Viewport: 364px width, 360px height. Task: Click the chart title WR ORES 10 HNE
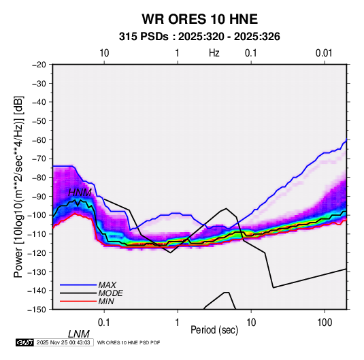click(x=199, y=19)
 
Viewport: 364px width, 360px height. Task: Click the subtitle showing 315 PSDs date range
click(x=199, y=37)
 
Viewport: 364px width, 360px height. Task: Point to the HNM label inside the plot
click(x=80, y=193)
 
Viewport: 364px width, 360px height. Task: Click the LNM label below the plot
click(x=79, y=334)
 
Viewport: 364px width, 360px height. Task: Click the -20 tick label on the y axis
click(x=39, y=65)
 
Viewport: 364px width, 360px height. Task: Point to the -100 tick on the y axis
click(x=37, y=215)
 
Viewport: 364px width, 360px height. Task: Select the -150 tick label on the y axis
click(x=37, y=310)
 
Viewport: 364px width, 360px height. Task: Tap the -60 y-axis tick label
click(x=39, y=140)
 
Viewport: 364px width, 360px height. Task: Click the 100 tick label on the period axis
click(x=325, y=323)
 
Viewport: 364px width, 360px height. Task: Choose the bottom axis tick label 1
click(x=178, y=323)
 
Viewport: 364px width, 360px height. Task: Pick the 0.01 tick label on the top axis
click(x=324, y=53)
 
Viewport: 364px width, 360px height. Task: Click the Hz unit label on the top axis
click(x=214, y=53)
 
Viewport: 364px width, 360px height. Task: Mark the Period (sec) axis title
click(x=214, y=330)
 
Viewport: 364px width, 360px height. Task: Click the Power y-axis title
click(x=18, y=186)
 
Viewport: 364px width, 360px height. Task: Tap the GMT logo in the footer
click(x=24, y=342)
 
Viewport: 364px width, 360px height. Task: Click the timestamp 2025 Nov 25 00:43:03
click(x=63, y=342)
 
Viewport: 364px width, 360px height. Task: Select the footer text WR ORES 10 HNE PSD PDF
click(x=129, y=342)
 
